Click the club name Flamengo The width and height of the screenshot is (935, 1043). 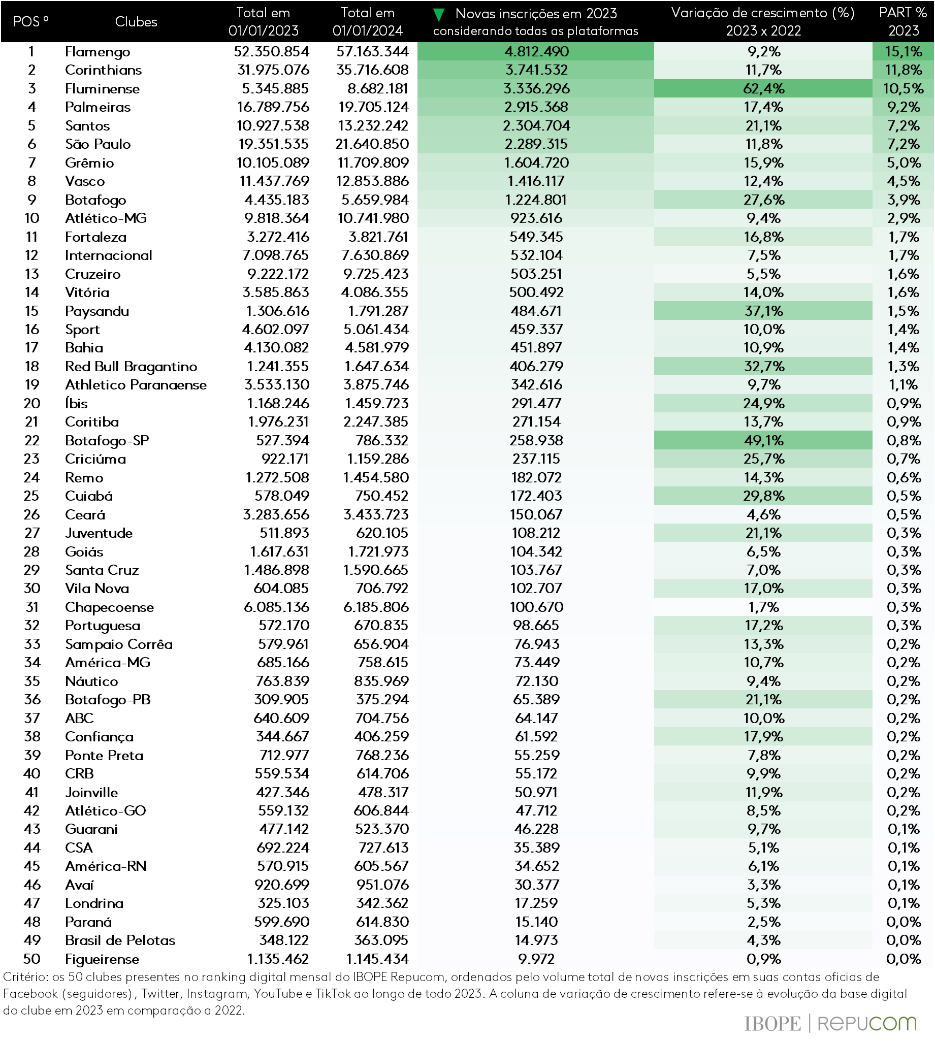[97, 52]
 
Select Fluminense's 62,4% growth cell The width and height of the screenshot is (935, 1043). [763, 89]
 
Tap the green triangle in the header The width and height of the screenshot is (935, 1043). [438, 14]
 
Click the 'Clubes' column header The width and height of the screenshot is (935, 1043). [136, 21]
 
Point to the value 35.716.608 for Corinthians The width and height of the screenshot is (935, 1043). [372, 70]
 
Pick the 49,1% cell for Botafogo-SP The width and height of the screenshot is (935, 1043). [763, 441]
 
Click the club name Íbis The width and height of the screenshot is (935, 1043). [76, 404]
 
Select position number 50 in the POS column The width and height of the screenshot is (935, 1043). [32, 959]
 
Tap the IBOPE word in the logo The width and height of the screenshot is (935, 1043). [772, 1024]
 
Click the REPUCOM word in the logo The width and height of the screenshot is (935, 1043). [866, 1024]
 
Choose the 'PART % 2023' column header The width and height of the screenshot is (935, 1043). [902, 21]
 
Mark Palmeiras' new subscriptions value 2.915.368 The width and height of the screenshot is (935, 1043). [536, 107]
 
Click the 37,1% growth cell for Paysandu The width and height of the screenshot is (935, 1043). [763, 311]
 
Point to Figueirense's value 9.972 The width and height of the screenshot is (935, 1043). [536, 959]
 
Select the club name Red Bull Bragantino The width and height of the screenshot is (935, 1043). [131, 367]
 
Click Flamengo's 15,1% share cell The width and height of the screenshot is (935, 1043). [902, 52]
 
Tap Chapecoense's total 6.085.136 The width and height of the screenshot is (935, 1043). [276, 607]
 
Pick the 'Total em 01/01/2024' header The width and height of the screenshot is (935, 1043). [367, 21]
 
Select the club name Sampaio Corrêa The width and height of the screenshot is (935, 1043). [119, 644]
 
